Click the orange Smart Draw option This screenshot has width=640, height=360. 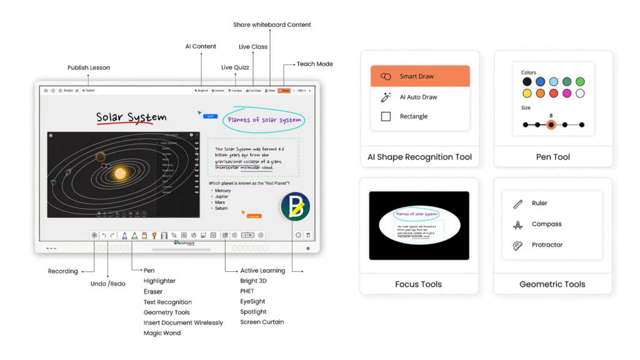point(419,76)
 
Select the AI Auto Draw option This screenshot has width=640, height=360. point(418,97)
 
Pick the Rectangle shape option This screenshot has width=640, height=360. point(413,116)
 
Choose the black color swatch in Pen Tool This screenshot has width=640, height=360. point(527,82)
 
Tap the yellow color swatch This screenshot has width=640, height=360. point(527,94)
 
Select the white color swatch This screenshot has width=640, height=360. point(580,94)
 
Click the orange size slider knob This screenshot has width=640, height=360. point(551,125)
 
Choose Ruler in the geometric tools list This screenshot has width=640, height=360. point(539,203)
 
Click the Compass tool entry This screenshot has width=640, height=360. point(546,224)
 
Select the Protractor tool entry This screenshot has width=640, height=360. point(547,245)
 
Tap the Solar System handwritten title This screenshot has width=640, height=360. point(131,117)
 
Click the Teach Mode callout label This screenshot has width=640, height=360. point(314,64)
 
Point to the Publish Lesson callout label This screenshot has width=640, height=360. point(89,67)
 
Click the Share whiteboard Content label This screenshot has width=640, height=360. point(272,25)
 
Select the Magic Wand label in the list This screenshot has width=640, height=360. point(162,333)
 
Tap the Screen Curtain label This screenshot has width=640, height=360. point(262,322)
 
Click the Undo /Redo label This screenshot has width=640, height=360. point(107,284)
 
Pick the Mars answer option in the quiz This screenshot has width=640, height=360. point(220,202)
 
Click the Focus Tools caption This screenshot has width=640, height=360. point(418,284)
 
